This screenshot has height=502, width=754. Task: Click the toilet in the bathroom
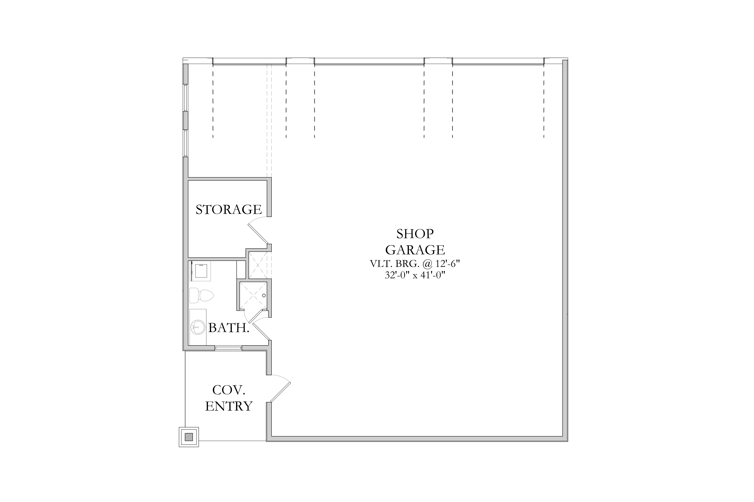[x=201, y=295]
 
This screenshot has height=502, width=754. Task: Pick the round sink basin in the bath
[x=198, y=327]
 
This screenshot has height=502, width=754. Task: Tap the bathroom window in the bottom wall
[x=228, y=348]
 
